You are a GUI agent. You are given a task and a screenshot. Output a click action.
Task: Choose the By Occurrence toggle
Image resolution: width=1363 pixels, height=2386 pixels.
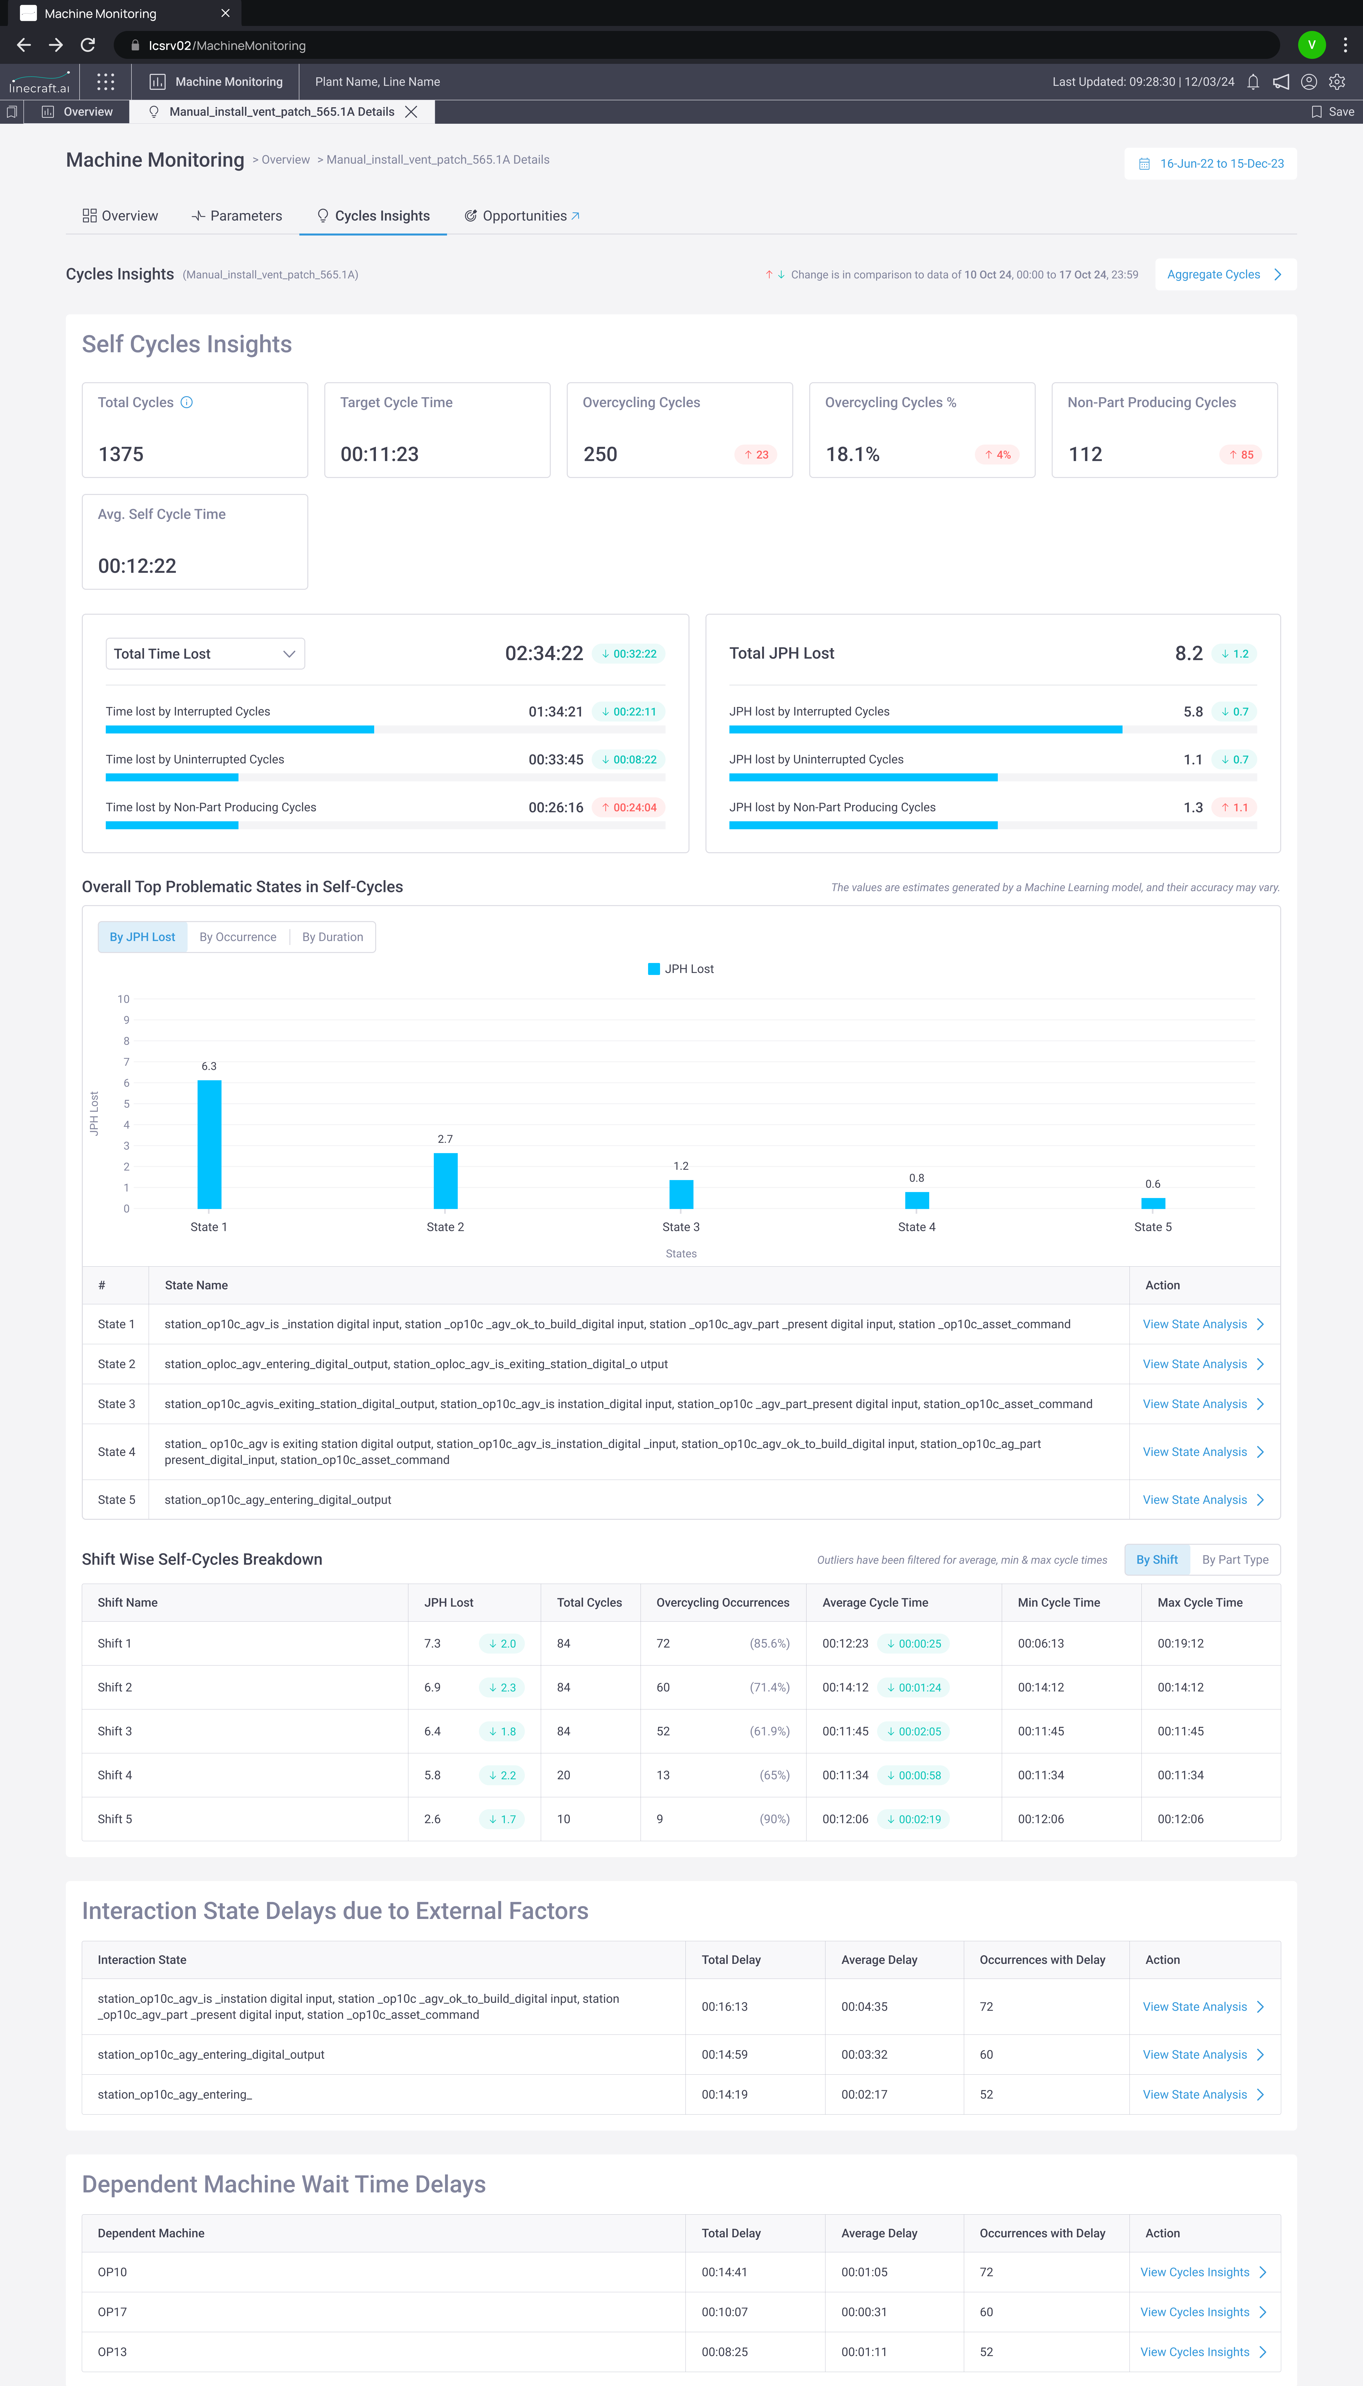(238, 937)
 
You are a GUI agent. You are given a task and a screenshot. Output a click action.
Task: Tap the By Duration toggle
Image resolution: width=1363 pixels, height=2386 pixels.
(332, 937)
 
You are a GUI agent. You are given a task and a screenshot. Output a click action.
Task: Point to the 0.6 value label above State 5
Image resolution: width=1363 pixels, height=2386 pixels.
(1152, 1184)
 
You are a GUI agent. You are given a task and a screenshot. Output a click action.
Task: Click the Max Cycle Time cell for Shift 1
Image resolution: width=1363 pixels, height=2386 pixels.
(1180, 1644)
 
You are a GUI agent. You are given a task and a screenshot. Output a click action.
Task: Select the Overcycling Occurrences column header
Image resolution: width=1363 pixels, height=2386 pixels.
(723, 1603)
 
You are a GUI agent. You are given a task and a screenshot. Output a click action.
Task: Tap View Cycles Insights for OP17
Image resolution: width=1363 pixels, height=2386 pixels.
(1202, 2312)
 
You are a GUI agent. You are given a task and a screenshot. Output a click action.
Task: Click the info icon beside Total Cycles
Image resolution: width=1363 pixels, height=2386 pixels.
(186, 402)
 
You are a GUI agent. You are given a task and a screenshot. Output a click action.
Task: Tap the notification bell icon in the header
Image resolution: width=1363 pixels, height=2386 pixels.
(1252, 82)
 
